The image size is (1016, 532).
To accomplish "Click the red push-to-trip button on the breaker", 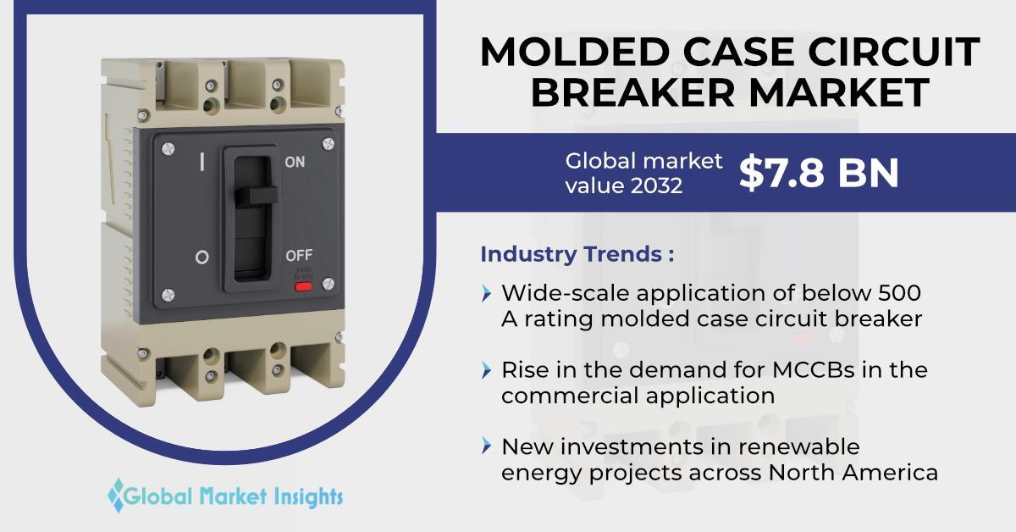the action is point(303,286).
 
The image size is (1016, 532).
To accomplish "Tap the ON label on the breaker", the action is point(295,162).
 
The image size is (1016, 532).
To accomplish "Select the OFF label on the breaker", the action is point(299,256).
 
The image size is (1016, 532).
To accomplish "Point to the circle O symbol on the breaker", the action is point(202,258).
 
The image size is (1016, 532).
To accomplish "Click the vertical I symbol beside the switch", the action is point(202,162).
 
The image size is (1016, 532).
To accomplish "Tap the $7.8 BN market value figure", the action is point(819,173).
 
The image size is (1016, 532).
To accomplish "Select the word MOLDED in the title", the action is point(574,52).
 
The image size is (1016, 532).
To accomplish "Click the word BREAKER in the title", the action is point(632,92).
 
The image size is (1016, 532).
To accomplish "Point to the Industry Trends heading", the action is point(577,254).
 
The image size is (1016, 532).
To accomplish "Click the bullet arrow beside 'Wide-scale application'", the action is point(486,293).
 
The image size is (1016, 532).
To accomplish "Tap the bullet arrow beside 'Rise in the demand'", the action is point(486,370).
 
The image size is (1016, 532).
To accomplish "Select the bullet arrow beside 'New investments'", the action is point(486,446).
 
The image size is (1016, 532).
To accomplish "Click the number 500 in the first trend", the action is point(899,293).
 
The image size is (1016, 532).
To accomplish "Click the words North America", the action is point(853,473).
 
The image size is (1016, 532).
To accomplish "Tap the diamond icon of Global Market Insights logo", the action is point(117,496).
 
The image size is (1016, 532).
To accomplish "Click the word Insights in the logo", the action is point(308,496).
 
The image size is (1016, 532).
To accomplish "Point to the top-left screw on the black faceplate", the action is point(168,148).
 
